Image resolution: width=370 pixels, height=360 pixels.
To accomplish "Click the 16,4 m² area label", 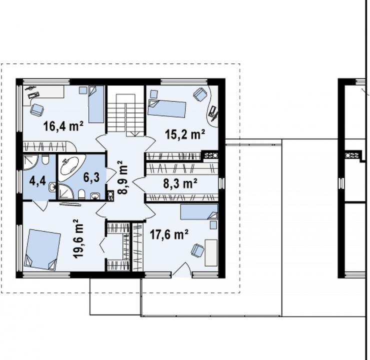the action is (x=63, y=126).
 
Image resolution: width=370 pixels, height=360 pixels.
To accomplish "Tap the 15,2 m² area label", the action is (x=185, y=134).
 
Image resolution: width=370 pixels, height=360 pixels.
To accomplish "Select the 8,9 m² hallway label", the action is (x=122, y=177).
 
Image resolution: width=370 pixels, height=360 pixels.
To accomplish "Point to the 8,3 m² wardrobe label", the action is (x=180, y=183).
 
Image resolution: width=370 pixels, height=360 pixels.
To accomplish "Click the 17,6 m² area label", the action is (x=169, y=234).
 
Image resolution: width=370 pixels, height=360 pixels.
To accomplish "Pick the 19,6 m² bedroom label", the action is (x=78, y=238).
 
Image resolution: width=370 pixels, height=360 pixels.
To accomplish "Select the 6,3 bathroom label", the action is (x=91, y=177).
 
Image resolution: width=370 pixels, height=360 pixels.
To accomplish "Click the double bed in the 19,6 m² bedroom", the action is (x=42, y=249).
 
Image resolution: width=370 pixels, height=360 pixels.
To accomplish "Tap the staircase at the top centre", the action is (x=126, y=111).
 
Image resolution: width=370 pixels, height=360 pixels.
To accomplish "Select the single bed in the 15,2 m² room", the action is (x=166, y=108).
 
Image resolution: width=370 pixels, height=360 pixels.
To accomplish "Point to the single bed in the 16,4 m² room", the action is (x=96, y=104).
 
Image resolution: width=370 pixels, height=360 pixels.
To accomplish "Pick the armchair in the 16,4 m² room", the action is (x=37, y=110).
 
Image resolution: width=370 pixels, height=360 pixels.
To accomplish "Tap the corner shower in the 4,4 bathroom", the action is (x=30, y=162).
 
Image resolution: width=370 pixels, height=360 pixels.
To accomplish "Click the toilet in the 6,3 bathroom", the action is (x=81, y=194).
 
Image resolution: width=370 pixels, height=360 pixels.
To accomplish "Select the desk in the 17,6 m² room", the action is (x=211, y=253).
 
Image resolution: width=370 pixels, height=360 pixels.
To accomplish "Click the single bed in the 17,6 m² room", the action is (x=199, y=211).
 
